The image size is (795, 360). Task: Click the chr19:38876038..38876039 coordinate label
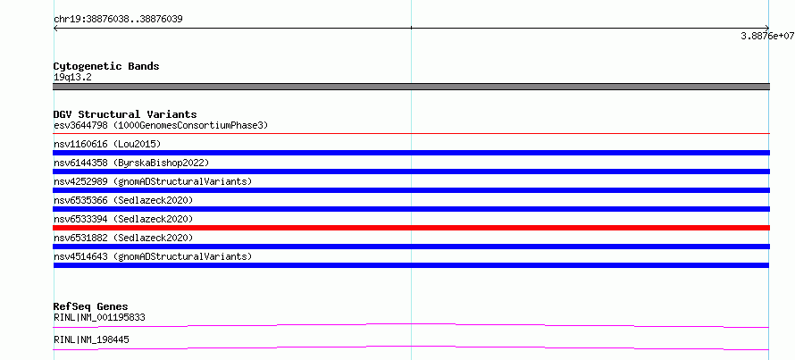(x=118, y=20)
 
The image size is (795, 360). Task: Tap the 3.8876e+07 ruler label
(x=767, y=36)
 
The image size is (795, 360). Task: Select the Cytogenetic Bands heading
(x=106, y=66)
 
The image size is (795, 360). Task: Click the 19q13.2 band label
(x=72, y=78)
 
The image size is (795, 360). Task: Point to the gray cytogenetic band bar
(x=411, y=87)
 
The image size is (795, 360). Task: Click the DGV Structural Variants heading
(x=125, y=114)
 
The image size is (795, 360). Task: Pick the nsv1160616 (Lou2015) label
(x=107, y=144)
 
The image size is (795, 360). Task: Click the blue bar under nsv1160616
(x=411, y=153)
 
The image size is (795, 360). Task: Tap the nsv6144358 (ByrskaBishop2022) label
(x=131, y=163)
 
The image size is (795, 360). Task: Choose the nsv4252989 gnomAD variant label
(x=153, y=181)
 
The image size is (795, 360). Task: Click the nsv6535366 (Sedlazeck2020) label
(x=123, y=200)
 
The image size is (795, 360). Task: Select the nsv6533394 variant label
(x=123, y=219)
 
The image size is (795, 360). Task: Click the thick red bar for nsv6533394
(x=411, y=228)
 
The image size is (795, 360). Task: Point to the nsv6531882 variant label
(x=123, y=238)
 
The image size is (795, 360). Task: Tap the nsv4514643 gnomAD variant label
(x=153, y=256)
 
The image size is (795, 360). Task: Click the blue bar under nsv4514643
(x=411, y=265)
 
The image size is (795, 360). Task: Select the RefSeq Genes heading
(x=90, y=306)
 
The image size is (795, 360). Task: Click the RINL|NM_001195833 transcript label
(x=99, y=318)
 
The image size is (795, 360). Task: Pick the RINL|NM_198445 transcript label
(x=91, y=339)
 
